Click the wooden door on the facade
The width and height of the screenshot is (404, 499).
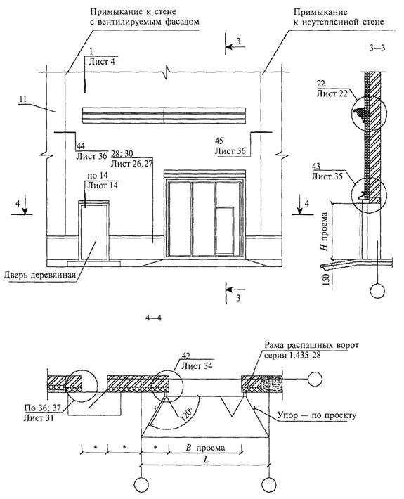point(94,230)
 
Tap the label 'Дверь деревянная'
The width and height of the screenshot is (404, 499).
point(40,275)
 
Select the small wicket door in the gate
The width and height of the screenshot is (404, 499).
point(225,231)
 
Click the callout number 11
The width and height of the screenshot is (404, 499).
point(22,99)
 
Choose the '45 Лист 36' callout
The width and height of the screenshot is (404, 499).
point(230,145)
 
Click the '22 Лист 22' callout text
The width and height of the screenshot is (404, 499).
point(332,89)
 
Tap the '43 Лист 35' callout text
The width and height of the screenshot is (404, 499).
point(327,171)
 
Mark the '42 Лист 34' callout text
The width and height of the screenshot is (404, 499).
point(196,361)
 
